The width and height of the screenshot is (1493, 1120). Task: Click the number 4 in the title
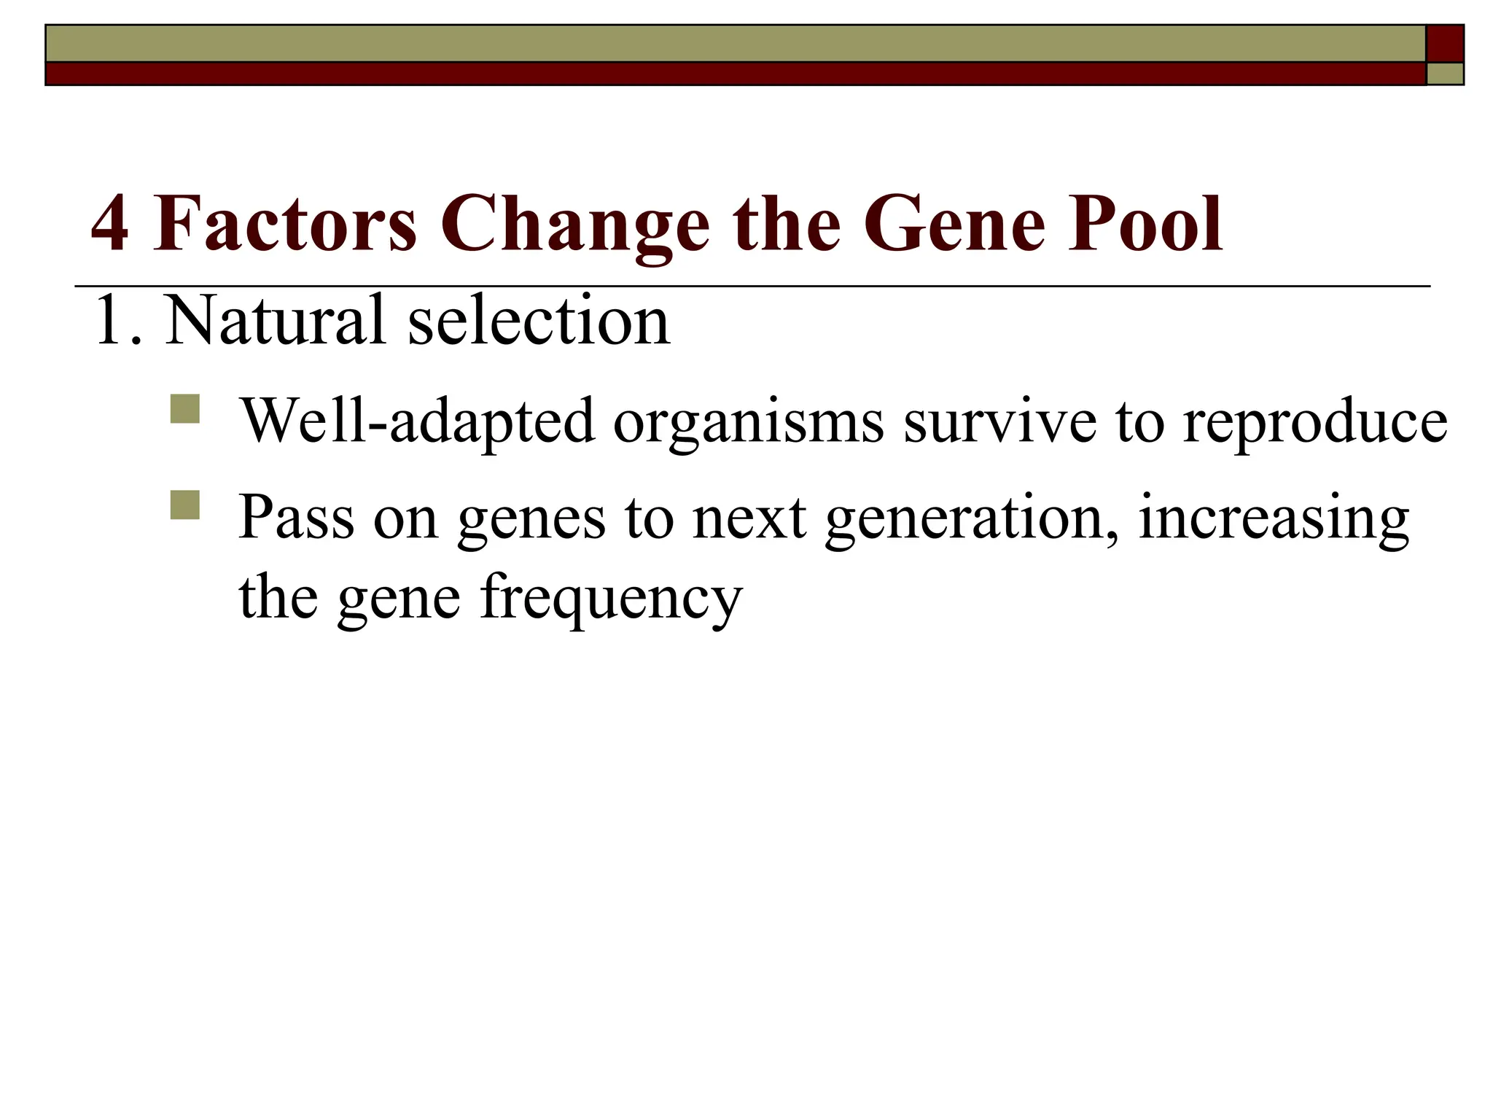[x=110, y=224]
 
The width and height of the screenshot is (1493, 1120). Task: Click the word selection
[x=539, y=320]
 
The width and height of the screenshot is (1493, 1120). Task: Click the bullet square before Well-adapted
[x=184, y=409]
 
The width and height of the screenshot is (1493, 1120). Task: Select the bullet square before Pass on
[x=184, y=505]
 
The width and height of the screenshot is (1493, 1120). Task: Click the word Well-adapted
[x=417, y=421]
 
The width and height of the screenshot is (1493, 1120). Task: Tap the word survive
[x=999, y=421]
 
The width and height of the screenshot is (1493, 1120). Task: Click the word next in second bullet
[x=749, y=518]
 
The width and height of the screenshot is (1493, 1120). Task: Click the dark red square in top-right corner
[x=1445, y=44]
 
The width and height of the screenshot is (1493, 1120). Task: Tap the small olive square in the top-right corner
[x=1445, y=74]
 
